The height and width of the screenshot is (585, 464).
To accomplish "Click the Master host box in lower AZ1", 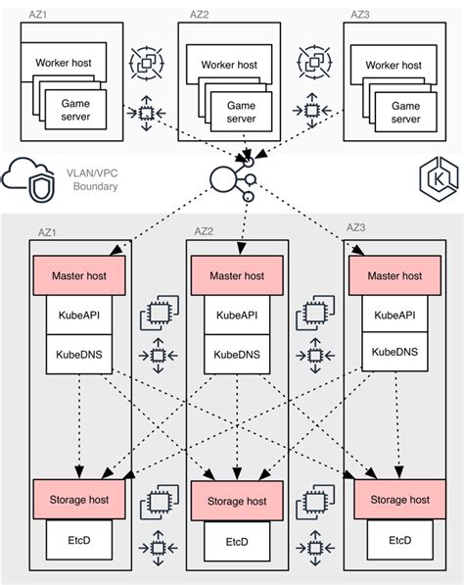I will click(79, 276).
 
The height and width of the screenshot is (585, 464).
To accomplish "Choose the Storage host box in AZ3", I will click(399, 500).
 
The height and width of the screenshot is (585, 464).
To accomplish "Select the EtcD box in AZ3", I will click(399, 540).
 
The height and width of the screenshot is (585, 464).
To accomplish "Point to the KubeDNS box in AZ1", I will click(79, 352).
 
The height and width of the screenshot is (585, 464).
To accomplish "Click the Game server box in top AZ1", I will click(77, 110).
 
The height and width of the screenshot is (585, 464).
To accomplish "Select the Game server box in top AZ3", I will click(405, 111).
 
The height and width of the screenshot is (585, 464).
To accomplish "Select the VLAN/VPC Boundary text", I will click(94, 179).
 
